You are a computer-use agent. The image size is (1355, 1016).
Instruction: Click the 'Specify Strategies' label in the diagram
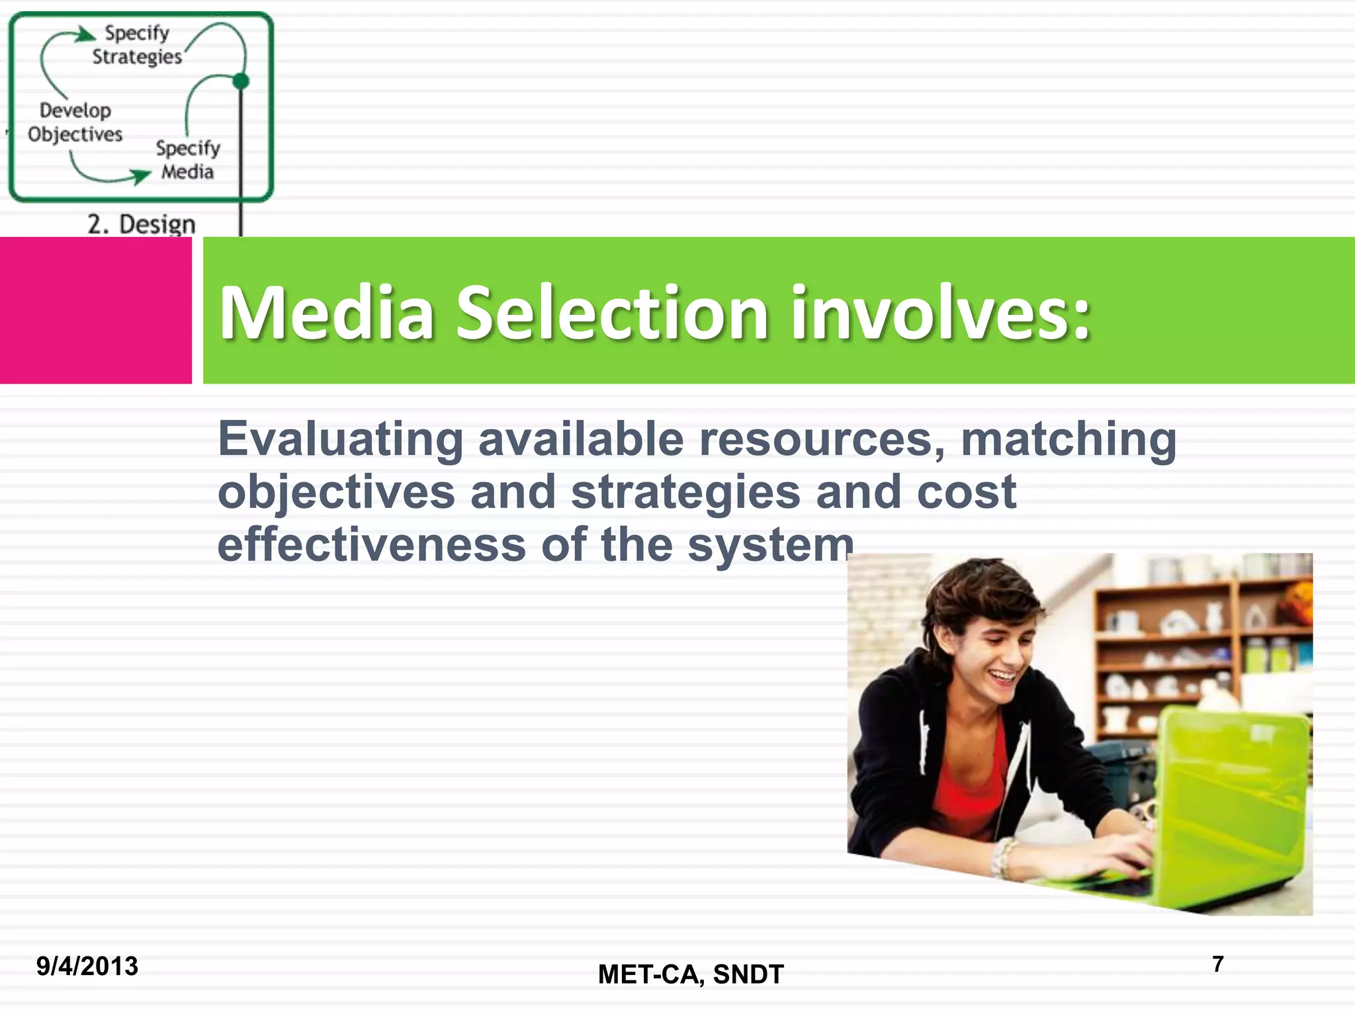[137, 45]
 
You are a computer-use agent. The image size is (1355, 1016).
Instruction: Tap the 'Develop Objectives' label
[75, 122]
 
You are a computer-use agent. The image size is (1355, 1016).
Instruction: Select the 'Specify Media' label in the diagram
[188, 160]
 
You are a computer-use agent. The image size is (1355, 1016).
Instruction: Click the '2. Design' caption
[142, 224]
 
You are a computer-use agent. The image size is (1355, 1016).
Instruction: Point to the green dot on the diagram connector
[241, 81]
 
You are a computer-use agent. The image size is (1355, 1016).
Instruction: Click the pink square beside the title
[95, 310]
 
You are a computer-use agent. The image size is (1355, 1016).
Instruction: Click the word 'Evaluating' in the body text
[341, 439]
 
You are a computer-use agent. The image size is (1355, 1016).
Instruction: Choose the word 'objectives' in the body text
[336, 492]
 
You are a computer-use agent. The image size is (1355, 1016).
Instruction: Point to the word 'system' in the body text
[770, 546]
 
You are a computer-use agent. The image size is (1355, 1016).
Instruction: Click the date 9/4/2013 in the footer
[87, 966]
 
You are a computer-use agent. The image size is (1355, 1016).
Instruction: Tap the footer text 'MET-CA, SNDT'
[691, 974]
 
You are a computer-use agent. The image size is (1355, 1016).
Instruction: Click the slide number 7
[1218, 964]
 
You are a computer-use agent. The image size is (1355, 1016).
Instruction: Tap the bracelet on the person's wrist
[1004, 857]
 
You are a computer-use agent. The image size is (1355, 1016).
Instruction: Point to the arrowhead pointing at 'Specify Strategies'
[87, 33]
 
